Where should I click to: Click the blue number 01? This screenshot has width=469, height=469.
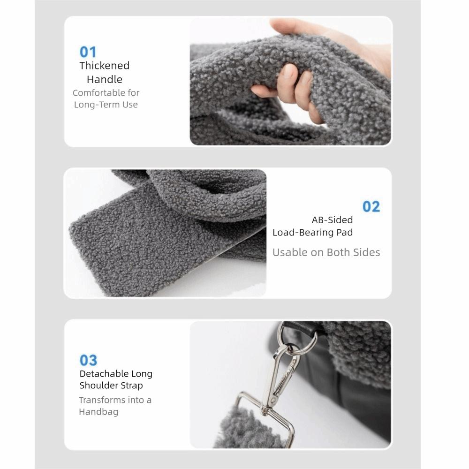pos(88,52)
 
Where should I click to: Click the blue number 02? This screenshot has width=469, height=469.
pos(371,206)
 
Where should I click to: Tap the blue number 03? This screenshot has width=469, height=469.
pos(88,360)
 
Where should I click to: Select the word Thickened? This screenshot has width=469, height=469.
pos(104,66)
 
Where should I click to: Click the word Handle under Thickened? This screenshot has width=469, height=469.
pos(104,79)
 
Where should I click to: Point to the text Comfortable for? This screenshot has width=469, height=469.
pos(106,93)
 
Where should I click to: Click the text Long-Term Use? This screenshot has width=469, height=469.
pos(106,105)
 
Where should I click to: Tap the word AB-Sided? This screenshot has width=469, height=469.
pos(332,219)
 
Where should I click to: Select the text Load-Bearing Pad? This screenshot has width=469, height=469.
pos(312,232)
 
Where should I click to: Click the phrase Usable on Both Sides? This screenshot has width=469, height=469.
pos(326,252)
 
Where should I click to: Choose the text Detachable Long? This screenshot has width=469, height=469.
pos(116,374)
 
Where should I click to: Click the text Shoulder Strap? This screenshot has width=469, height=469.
pos(111,386)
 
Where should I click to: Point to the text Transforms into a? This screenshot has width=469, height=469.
pos(115,400)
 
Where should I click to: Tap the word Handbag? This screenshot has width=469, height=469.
pos(98,412)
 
